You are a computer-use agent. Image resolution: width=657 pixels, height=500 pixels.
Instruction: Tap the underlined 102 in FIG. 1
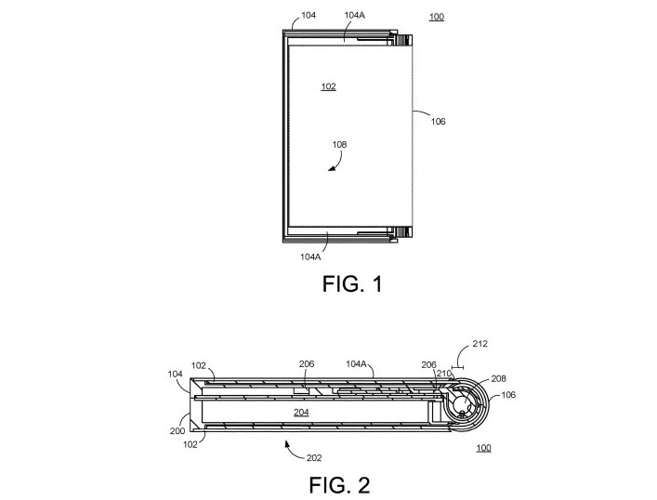click(327, 86)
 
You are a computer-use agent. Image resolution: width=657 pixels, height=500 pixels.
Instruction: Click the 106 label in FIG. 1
click(438, 121)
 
